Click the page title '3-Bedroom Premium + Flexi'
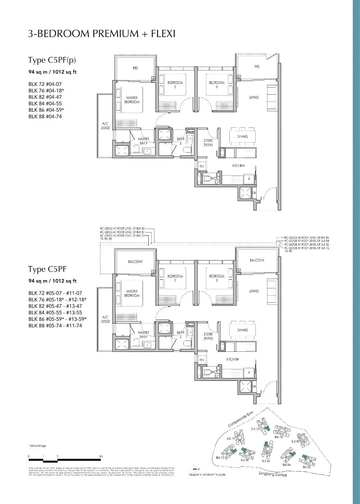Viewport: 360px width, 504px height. pos(102,34)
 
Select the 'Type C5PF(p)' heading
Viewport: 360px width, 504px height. pos(52,60)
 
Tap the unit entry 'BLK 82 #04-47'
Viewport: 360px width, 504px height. pos(45,97)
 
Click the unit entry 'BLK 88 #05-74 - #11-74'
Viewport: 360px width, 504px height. pos(55,325)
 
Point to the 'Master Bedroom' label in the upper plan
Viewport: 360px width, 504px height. pos(132,100)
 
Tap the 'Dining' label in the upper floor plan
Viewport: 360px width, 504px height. pos(243,136)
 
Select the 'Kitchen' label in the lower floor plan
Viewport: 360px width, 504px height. pos(233,359)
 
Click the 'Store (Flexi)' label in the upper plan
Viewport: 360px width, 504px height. pos(208,143)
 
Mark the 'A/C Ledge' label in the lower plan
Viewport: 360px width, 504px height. pos(105,319)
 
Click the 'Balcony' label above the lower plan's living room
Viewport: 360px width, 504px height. pos(257,260)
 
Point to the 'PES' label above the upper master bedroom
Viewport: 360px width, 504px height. pos(135,68)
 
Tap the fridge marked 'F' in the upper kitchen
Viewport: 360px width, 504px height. pos(249,179)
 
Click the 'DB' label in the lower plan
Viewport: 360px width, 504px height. pos(254,387)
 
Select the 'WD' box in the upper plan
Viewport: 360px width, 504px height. pos(202,166)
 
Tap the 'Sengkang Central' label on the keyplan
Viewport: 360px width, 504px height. pos(273,474)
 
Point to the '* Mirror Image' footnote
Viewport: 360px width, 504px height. pos(37,446)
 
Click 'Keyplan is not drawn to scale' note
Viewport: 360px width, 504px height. pos(207,474)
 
